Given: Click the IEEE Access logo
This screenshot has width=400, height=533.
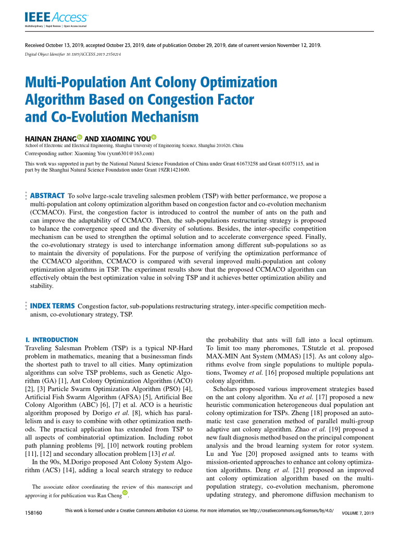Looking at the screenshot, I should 56,19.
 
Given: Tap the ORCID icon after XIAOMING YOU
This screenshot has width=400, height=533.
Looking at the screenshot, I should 154,137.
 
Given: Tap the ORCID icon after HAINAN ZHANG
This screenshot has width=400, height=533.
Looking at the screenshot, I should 79,137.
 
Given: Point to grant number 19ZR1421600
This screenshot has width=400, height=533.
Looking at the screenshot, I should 169,170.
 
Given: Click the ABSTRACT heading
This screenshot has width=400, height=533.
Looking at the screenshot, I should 47,195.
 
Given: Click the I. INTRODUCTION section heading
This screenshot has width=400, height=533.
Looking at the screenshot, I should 52,339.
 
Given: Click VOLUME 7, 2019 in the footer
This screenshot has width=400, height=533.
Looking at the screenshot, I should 357,514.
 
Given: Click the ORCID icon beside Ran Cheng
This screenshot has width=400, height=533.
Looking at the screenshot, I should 124,493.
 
